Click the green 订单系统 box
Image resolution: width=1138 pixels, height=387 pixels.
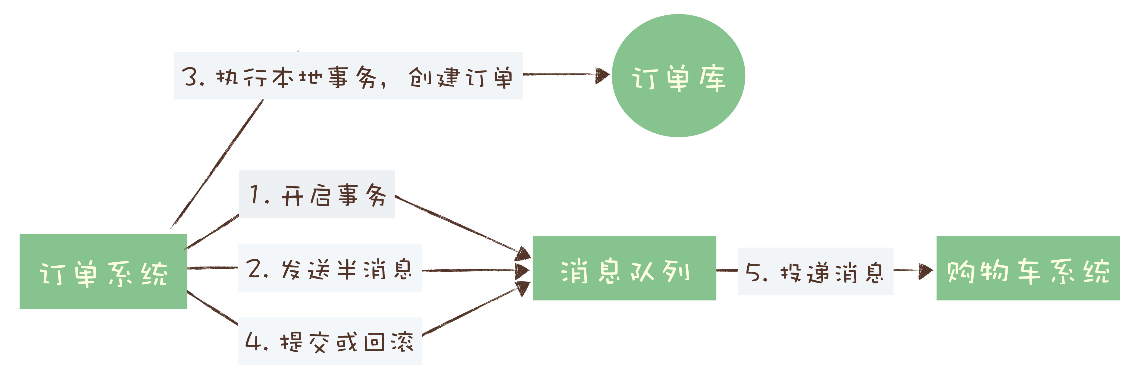(x=103, y=271)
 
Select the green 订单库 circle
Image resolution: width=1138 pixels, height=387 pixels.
(x=678, y=76)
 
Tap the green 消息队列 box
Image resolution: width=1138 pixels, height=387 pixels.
(x=624, y=268)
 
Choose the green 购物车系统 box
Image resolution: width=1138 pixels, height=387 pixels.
(x=1028, y=268)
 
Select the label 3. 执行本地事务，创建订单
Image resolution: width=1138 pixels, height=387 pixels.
(x=348, y=76)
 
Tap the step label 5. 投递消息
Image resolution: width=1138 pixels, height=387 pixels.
(x=815, y=271)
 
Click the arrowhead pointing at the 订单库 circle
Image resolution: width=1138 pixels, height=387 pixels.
(x=602, y=75)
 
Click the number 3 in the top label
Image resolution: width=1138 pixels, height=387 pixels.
(x=190, y=76)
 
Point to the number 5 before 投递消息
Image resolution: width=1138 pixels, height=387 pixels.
(x=753, y=272)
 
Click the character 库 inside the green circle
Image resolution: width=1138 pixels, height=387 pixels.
(x=712, y=79)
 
